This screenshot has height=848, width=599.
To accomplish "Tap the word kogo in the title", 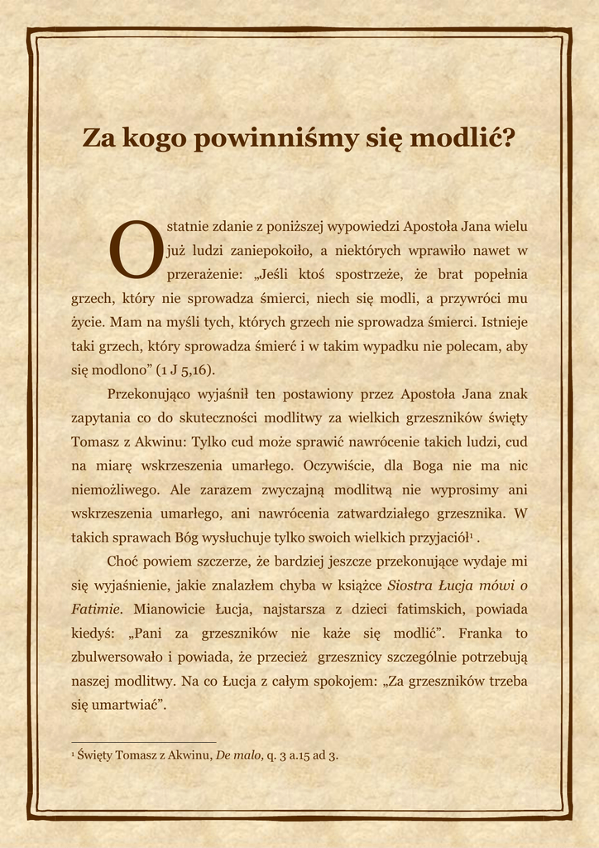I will [155, 138].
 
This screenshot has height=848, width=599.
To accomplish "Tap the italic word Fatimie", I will [96, 609].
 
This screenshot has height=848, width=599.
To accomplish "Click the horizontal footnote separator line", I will [144, 742].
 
